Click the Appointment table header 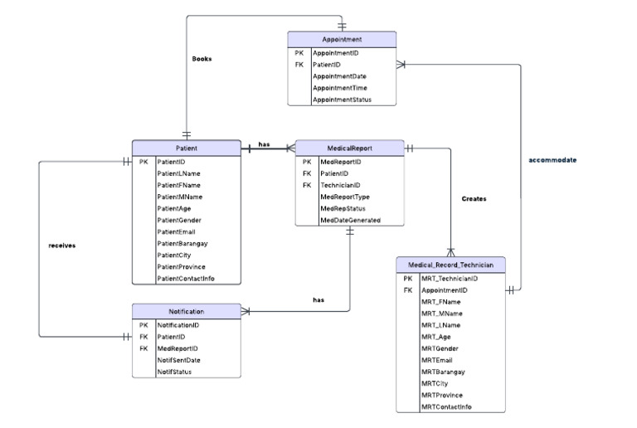[342, 39]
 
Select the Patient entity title [186, 148]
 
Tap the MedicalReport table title [349, 148]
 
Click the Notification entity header [186, 312]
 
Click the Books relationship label [202, 59]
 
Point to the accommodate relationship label [552, 159]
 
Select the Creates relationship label [474, 199]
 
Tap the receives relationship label [62, 246]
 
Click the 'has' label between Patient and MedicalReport [264, 144]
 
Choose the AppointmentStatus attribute [342, 100]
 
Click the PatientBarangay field [183, 244]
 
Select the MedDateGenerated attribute [350, 220]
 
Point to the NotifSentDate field [180, 360]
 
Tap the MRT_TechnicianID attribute [449, 279]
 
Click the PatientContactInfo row [186, 279]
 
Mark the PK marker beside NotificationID [143, 325]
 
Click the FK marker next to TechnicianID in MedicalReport [306, 185]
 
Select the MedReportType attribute [344, 197]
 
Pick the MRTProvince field [443, 395]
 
